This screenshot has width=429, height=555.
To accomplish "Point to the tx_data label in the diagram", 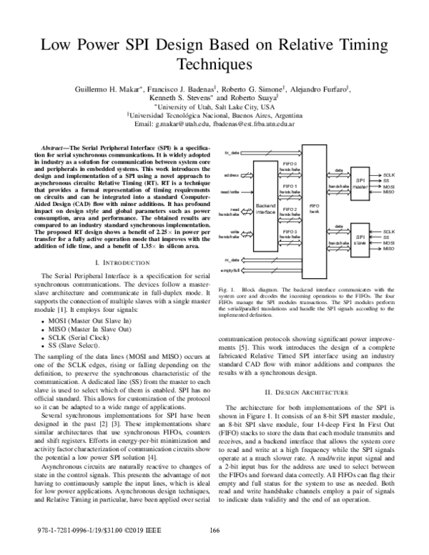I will tap(232, 153).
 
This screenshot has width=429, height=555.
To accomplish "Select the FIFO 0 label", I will tap(290, 164).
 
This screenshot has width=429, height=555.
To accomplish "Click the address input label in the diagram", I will tap(232, 174).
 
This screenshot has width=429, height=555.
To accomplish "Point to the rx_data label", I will tap(232, 260).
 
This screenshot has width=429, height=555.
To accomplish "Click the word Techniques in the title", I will tap(214, 64).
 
